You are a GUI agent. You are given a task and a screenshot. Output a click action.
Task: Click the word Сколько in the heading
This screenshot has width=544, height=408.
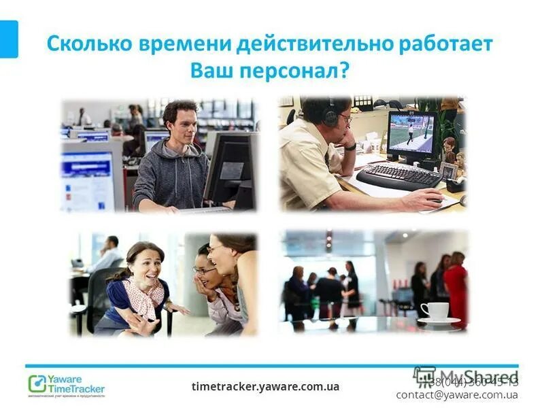point(86,44)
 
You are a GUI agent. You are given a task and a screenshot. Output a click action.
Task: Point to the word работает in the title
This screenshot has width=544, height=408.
point(446,44)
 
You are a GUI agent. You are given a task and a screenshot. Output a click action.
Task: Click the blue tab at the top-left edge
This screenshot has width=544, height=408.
point(9,39)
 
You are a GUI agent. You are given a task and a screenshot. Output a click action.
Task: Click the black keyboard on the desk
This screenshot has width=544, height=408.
point(398,175)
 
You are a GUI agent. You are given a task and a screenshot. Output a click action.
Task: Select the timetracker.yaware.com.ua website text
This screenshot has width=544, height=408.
point(265,386)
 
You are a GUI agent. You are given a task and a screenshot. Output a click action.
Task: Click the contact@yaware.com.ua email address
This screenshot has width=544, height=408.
point(456,394)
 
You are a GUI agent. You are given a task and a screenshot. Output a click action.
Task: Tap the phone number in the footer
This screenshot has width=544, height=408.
point(476,381)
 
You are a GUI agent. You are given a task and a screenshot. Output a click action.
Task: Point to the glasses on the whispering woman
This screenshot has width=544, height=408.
point(203,270)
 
